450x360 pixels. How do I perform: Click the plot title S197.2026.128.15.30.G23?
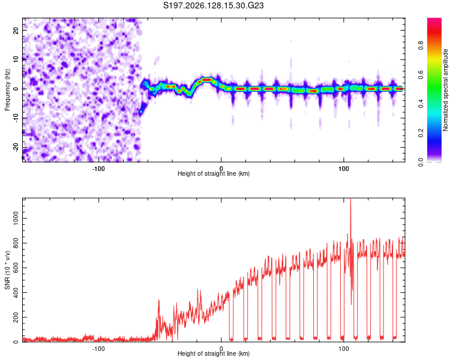tap(213, 5)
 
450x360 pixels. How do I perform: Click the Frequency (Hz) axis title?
tap(7, 90)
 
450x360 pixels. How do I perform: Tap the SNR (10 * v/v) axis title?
tap(7, 270)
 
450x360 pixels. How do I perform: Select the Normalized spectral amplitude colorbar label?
tap(445, 90)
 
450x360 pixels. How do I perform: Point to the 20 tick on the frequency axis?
tap(16, 30)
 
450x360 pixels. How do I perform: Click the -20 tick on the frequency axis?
tap(16, 147)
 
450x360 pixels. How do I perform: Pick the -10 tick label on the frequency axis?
tap(16, 118)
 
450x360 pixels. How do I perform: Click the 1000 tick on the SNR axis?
tap(16, 218)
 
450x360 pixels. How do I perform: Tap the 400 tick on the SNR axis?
tap(16, 293)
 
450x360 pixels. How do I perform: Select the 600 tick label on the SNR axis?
tap(16, 268)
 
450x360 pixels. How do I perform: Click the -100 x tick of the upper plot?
tap(98, 169)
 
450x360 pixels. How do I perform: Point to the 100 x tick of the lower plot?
tap(344, 349)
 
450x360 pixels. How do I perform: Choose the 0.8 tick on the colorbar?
tap(421, 45)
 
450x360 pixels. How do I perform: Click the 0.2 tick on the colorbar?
tap(421, 133)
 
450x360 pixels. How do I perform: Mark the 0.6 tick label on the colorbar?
tap(421, 74)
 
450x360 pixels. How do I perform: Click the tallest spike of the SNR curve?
tap(350, 199)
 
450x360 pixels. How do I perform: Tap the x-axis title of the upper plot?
tap(214, 173)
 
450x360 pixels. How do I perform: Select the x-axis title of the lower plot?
tap(214, 353)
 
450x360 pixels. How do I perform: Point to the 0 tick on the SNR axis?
tap(16, 342)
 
